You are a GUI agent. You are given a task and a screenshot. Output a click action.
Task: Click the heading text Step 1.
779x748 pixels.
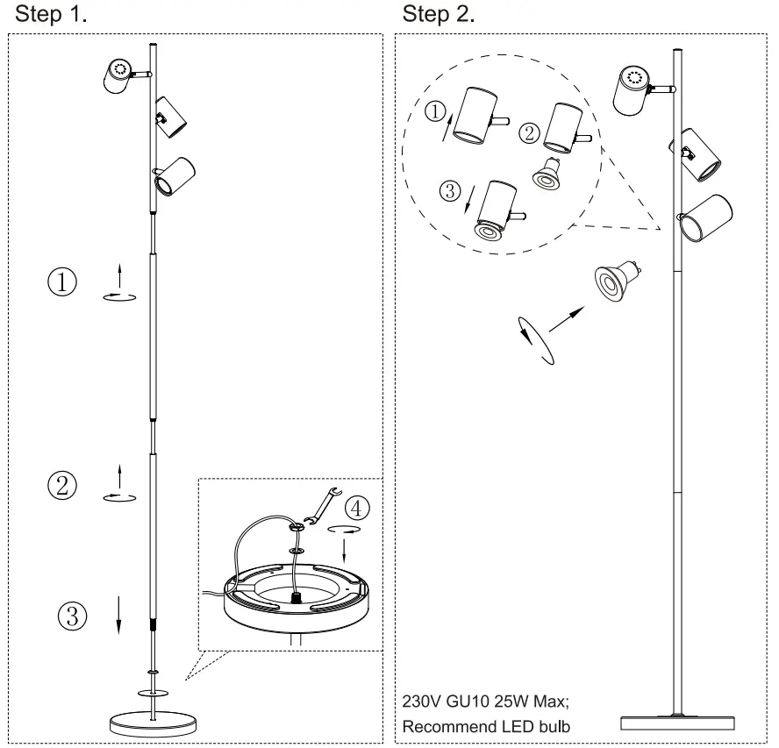click(51, 15)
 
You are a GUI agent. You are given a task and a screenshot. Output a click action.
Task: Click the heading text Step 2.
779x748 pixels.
click(438, 15)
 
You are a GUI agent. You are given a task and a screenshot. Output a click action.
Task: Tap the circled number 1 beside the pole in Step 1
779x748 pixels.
click(62, 282)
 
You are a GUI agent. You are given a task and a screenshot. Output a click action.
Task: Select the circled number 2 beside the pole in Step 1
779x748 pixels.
click(62, 485)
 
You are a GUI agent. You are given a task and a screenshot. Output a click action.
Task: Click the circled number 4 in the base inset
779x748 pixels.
click(357, 507)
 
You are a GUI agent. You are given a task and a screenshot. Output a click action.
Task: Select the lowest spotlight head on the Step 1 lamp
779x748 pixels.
click(173, 175)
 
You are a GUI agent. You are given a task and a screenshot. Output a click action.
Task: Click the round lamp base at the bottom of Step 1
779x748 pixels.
click(154, 724)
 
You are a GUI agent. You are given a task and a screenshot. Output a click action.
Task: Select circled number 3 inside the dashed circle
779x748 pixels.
click(450, 192)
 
